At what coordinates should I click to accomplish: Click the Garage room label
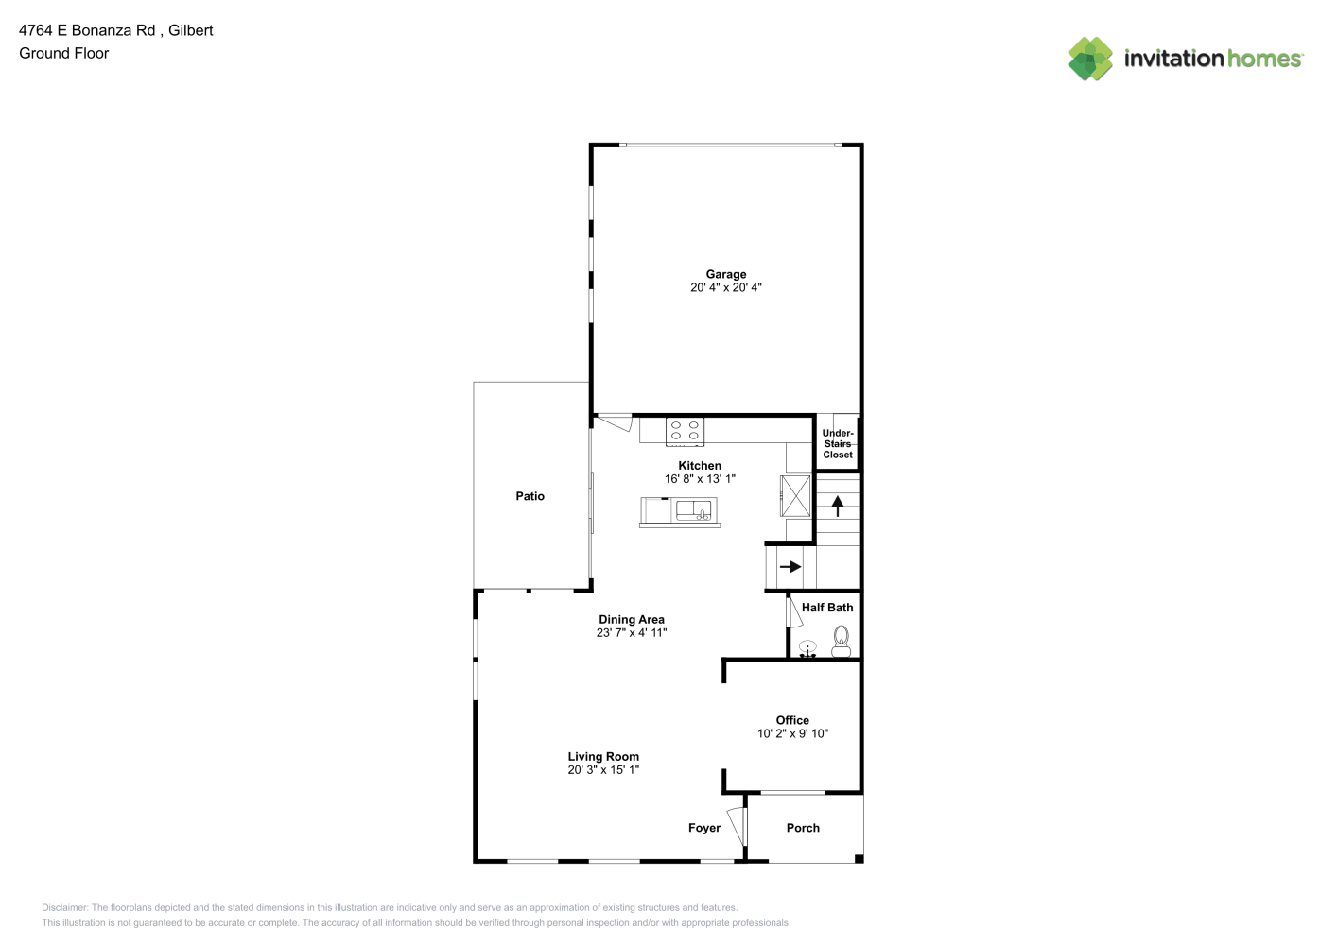click(726, 274)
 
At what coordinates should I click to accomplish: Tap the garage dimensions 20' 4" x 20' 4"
click(726, 287)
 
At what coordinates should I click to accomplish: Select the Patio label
click(530, 496)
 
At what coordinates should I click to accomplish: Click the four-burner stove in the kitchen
click(685, 431)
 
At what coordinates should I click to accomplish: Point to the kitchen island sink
click(693, 510)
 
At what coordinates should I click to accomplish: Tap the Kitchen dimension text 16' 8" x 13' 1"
click(700, 478)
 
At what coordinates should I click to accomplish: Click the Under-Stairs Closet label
click(838, 443)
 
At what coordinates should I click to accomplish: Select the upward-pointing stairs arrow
click(838, 506)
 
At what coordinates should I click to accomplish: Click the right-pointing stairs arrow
click(790, 566)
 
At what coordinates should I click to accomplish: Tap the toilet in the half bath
click(841, 642)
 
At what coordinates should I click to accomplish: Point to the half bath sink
click(807, 649)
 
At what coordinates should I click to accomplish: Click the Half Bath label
click(826, 608)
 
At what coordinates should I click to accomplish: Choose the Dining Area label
click(632, 619)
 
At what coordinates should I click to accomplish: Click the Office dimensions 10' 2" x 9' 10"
click(792, 733)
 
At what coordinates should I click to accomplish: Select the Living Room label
click(603, 757)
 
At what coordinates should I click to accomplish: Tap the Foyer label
click(704, 828)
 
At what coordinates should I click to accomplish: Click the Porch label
click(803, 828)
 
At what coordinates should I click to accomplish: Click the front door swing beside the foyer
click(738, 826)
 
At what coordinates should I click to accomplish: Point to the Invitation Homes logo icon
click(1090, 59)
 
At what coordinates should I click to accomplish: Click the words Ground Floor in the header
click(64, 53)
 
